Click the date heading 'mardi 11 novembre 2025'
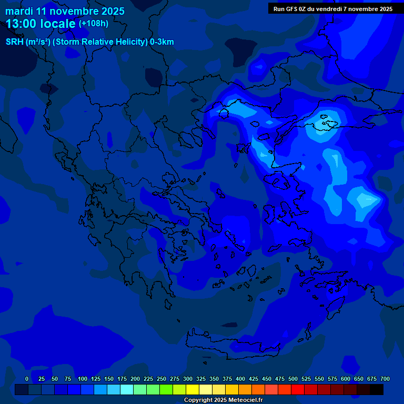click(x=65, y=11)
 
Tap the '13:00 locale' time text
click(x=41, y=24)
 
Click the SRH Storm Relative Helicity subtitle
click(x=89, y=42)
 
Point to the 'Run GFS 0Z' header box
click(x=332, y=9)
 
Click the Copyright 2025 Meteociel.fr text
click(x=223, y=400)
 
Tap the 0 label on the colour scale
click(x=27, y=379)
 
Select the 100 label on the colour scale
click(x=83, y=379)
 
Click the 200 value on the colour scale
click(x=135, y=379)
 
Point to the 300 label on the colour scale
click(x=188, y=379)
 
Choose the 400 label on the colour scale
click(x=240, y=379)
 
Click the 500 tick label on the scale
click(x=293, y=379)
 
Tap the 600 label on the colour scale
click(x=346, y=379)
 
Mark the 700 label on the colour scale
click(x=385, y=379)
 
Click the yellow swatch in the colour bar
click(x=193, y=389)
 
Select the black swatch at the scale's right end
click(x=377, y=389)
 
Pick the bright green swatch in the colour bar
click(x=166, y=389)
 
